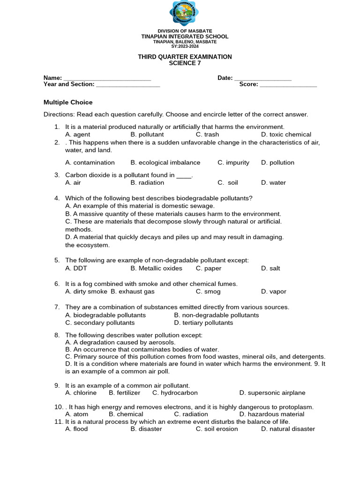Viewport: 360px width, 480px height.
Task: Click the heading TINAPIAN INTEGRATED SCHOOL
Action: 185,37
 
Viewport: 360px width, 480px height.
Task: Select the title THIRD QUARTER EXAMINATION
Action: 185,57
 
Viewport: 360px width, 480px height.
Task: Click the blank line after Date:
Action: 262,78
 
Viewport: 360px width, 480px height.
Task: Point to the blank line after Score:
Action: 288,85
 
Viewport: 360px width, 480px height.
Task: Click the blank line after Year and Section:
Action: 127,85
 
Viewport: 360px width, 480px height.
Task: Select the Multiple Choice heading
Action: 68,102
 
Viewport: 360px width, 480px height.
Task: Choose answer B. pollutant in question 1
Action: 147,135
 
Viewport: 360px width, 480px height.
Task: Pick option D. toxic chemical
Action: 286,135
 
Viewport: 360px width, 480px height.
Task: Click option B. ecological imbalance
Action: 165,163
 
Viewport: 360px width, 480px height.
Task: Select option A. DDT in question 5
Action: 76,269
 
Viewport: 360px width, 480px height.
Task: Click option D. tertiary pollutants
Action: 203,323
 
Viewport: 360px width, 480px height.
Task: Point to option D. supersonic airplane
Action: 272,393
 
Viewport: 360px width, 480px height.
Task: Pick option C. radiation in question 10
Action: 191,414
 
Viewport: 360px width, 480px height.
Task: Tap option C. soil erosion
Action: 217,429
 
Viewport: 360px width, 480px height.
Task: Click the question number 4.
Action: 57,198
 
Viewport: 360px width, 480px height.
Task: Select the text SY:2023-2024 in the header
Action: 185,46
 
